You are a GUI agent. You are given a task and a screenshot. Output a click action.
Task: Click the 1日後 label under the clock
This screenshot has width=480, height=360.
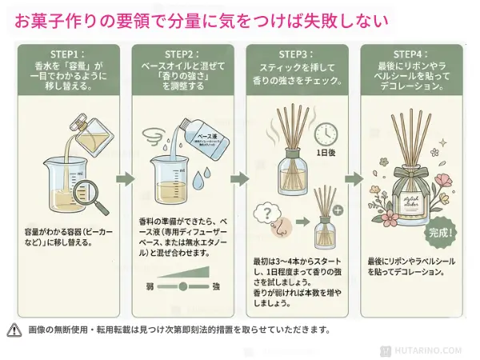pyautogui.click(x=326, y=153)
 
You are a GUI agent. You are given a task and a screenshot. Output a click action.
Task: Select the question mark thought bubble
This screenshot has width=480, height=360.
pyautogui.click(x=265, y=213)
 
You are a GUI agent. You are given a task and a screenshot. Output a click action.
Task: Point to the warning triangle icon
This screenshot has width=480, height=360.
pyautogui.click(x=14, y=329)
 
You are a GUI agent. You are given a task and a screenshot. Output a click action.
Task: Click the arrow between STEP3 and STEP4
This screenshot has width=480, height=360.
pyautogui.click(x=353, y=178)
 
